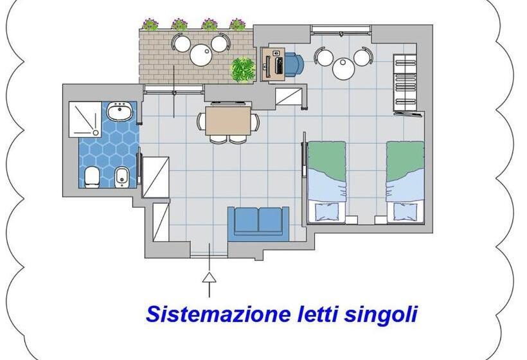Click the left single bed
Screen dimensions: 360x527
326,181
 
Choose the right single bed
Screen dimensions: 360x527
405,181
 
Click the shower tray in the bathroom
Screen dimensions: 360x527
86,118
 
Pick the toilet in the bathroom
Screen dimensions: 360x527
91,175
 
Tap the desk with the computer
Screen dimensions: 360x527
275,64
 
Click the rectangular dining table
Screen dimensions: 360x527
228,120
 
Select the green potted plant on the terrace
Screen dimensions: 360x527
243,69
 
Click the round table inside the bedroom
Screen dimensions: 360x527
344,67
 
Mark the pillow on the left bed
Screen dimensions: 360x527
326,211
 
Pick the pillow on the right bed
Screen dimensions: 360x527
405,211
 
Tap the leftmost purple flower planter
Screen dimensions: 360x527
150,24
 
